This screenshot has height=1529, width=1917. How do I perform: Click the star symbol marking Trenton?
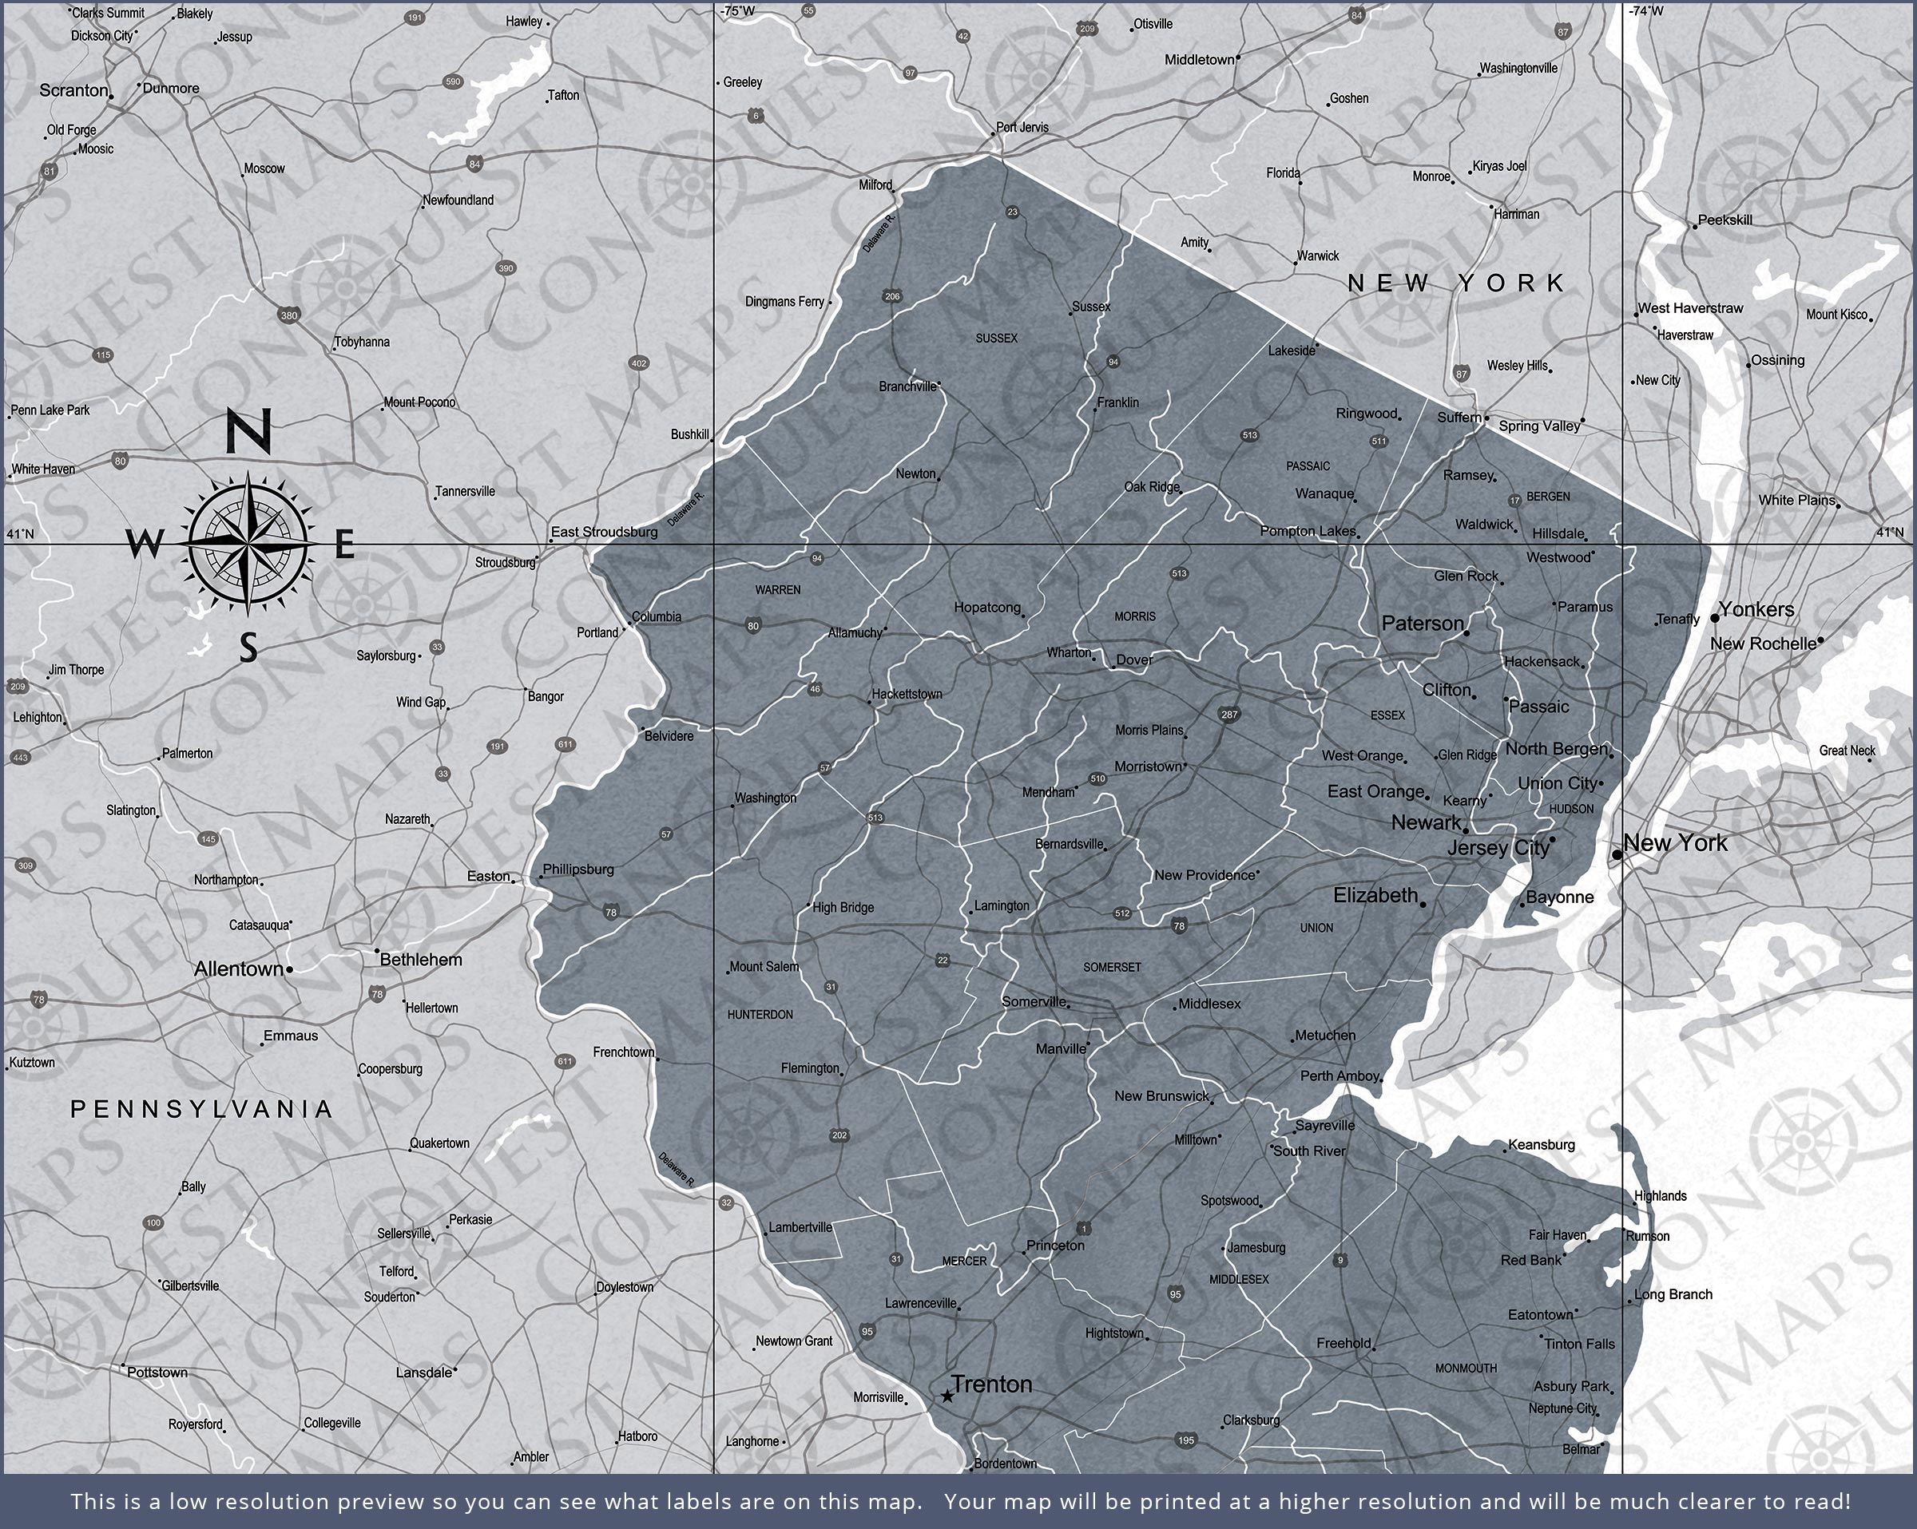(x=948, y=1396)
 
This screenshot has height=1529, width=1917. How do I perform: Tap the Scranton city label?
(x=73, y=91)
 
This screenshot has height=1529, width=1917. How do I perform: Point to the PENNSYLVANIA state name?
(x=202, y=1108)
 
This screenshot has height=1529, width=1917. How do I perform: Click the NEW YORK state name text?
(x=1455, y=283)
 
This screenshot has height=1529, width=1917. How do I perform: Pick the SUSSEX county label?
(x=996, y=339)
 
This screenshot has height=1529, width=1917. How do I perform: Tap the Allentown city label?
(x=238, y=969)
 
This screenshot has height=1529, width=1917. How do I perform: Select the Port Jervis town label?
(x=1022, y=128)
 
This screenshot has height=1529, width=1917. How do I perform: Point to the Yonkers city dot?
(x=1714, y=618)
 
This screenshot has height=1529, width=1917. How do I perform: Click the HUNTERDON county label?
(x=760, y=1014)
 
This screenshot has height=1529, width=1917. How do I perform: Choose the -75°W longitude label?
(x=738, y=11)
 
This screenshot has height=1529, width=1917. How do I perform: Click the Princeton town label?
(x=1055, y=1246)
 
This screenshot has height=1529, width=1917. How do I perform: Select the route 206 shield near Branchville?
(x=893, y=297)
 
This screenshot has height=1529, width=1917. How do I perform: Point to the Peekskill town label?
(x=1725, y=220)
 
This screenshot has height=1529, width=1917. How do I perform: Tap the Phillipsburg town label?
(x=578, y=869)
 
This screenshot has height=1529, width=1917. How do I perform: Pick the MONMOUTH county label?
(x=1466, y=1368)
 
